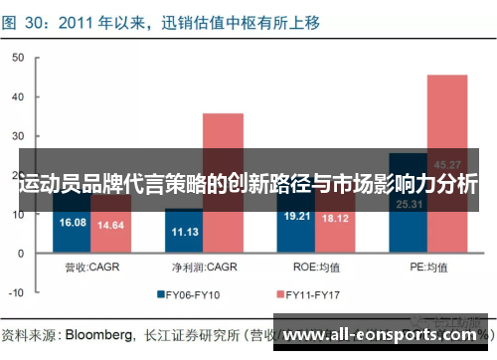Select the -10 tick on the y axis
(15, 292)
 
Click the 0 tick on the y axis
(20, 254)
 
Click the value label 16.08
(73, 222)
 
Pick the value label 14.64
(110, 225)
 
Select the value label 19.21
(297, 216)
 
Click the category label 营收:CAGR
(91, 267)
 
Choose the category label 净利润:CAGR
(204, 267)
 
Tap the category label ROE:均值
(316, 267)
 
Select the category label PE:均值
(428, 267)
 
